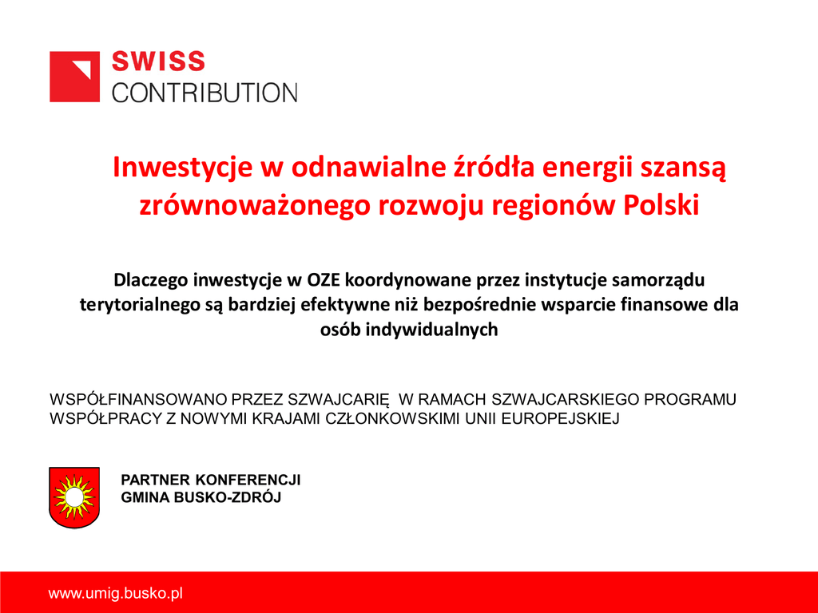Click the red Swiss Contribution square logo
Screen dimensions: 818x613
point(74,77)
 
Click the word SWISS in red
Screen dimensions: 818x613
point(159,61)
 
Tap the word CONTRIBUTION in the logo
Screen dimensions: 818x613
point(204,93)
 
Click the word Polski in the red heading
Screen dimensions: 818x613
point(661,205)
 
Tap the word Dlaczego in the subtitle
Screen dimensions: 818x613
point(151,280)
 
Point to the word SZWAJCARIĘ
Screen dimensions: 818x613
point(339,400)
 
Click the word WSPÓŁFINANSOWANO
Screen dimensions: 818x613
point(138,399)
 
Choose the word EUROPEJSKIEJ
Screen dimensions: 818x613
point(560,418)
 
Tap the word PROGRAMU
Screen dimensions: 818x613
point(690,399)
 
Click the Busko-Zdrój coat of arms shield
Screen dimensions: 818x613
point(74,497)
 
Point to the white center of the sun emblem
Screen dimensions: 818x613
point(74,497)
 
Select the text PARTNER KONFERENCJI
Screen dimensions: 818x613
point(211,480)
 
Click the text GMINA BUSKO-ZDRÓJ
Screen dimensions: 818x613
point(201,497)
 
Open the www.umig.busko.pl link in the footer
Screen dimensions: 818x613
point(115,593)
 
